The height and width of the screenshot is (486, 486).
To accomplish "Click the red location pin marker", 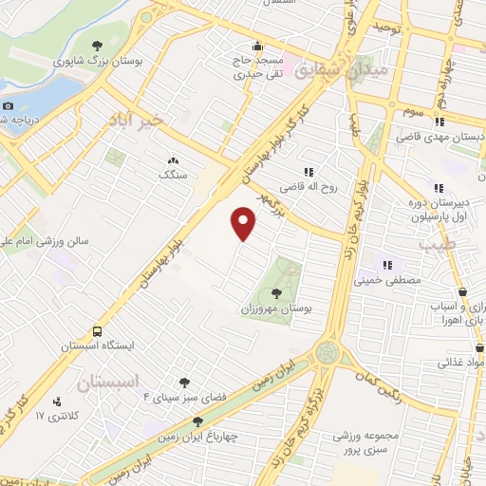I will (244, 224).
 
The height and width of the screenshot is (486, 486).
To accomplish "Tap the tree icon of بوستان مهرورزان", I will (276, 292).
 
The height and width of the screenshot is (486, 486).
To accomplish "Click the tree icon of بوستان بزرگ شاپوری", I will (97, 45).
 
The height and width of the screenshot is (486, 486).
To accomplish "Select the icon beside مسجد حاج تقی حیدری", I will (256, 46).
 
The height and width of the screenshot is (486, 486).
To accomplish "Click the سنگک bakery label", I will (174, 176).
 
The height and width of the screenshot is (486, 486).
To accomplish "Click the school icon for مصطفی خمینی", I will (386, 265).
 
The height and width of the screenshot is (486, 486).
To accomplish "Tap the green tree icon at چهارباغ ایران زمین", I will (197, 421).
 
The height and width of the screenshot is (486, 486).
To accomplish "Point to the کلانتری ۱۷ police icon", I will (58, 402).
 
